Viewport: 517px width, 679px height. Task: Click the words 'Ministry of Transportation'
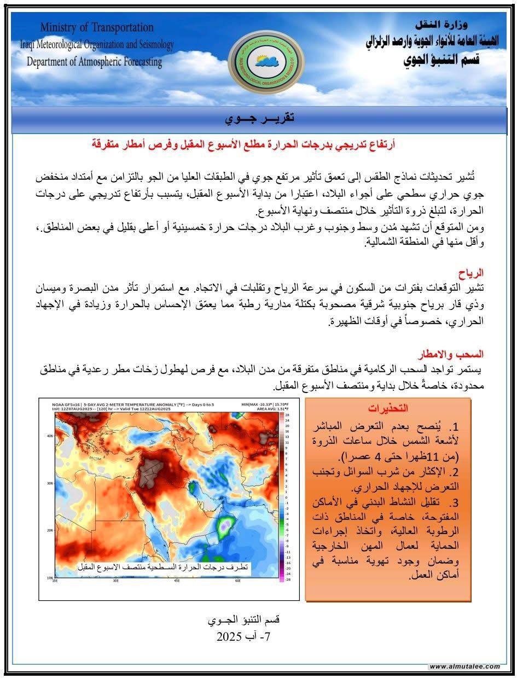tap(97, 27)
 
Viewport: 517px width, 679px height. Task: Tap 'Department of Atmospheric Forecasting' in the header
tap(95, 62)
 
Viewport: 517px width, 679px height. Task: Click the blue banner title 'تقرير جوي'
tap(259, 118)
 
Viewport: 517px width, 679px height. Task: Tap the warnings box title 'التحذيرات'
tap(388, 408)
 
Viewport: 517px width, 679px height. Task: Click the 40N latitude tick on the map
tap(50, 436)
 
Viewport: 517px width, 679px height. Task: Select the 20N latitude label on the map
tap(50, 530)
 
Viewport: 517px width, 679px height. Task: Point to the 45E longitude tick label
tap(177, 581)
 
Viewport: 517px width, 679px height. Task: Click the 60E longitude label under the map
tap(238, 581)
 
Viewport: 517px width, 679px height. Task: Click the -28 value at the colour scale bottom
tap(288, 579)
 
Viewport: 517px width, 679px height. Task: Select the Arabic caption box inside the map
tap(162, 567)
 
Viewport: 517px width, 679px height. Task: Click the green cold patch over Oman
tap(223, 526)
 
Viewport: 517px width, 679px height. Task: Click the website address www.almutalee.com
tap(464, 666)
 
